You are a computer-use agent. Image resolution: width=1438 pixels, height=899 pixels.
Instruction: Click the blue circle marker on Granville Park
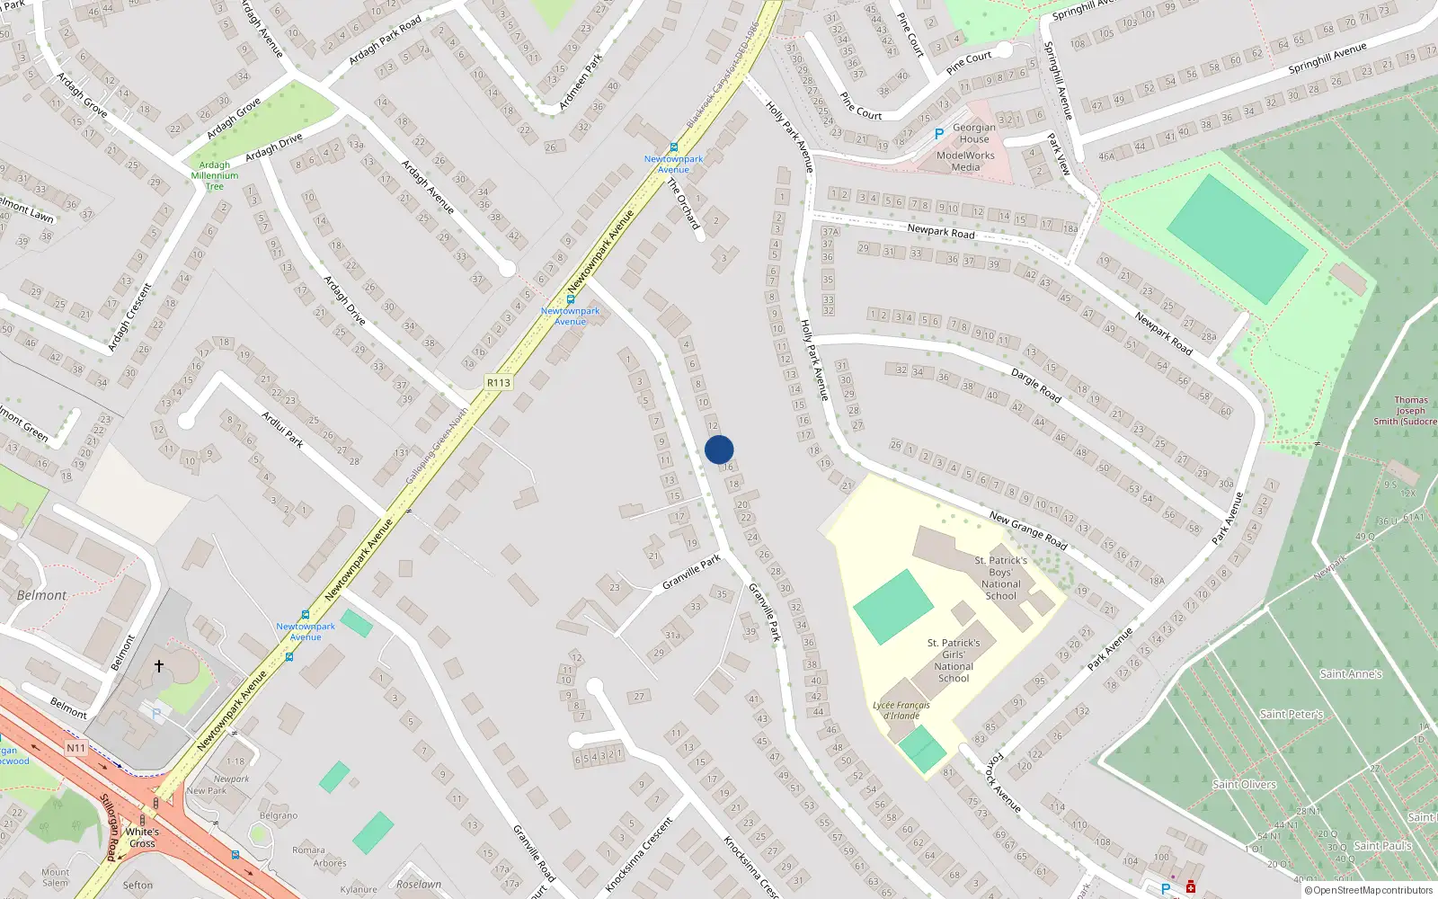tap(719, 449)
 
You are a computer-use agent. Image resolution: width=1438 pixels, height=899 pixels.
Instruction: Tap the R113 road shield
tap(499, 382)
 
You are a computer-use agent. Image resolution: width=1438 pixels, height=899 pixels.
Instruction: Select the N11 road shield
tap(76, 748)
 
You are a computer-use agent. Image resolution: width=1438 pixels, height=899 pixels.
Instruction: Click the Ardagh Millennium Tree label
tap(215, 175)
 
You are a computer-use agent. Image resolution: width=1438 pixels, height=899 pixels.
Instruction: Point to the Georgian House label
tap(974, 133)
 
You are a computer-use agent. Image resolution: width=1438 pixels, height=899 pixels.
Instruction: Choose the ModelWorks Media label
tap(965, 161)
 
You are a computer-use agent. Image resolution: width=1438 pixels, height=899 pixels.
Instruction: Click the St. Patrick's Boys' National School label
tap(1000, 577)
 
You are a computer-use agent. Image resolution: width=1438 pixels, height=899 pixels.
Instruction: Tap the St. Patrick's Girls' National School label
tap(954, 661)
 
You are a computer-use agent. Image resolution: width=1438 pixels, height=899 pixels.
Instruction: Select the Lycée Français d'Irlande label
tap(901, 710)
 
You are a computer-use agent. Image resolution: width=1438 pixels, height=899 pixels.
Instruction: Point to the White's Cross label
tap(142, 837)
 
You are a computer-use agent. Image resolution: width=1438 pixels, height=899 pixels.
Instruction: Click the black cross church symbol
tap(159, 666)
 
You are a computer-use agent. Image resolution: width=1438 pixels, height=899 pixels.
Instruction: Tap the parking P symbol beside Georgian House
tap(939, 134)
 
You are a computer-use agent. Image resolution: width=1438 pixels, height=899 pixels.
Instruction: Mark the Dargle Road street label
tap(1036, 385)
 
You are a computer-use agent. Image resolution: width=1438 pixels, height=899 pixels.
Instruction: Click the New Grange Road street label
tap(1028, 530)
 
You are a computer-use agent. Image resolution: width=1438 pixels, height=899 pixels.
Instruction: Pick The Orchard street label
tap(684, 203)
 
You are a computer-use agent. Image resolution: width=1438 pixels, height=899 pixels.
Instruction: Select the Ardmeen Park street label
tap(581, 82)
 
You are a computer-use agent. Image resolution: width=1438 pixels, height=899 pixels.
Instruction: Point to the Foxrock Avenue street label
tap(1004, 783)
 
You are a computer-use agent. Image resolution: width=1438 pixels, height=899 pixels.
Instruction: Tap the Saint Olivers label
tap(1244, 784)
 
